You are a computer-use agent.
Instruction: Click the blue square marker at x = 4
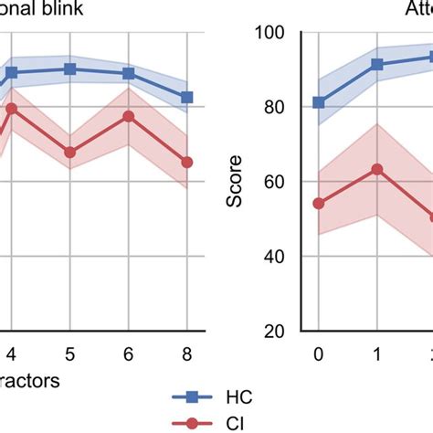pos(12,72)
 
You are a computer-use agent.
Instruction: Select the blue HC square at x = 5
pos(70,69)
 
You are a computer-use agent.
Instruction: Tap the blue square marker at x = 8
pos(187,97)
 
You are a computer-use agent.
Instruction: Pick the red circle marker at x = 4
pos(12,109)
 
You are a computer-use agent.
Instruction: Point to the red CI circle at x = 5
pos(70,153)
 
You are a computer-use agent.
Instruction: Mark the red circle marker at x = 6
pos(129,116)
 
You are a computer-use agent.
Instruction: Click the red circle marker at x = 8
pos(187,162)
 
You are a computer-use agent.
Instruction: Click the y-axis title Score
pos(237,182)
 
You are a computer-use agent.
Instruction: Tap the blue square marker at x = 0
pos(319,102)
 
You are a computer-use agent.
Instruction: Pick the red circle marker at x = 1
pos(377,169)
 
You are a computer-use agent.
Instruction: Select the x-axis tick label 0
pos(319,354)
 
